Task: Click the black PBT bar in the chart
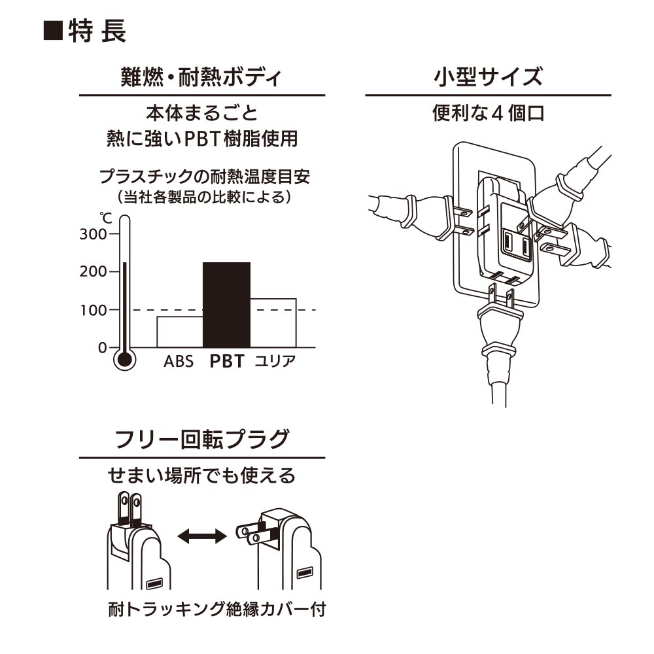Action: pos(227,305)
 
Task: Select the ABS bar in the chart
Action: pos(180,332)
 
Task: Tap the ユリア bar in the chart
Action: pos(273,322)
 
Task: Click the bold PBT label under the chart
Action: pos(227,361)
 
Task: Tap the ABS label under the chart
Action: pos(179,362)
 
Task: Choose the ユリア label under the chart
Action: pos(275,361)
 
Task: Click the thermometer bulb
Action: pos(124,359)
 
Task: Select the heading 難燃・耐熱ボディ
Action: pos(201,78)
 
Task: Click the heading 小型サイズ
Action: pos(488,78)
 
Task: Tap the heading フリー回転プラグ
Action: pos(201,439)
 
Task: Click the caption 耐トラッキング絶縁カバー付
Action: pos(217,610)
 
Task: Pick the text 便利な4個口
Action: pos(488,113)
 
